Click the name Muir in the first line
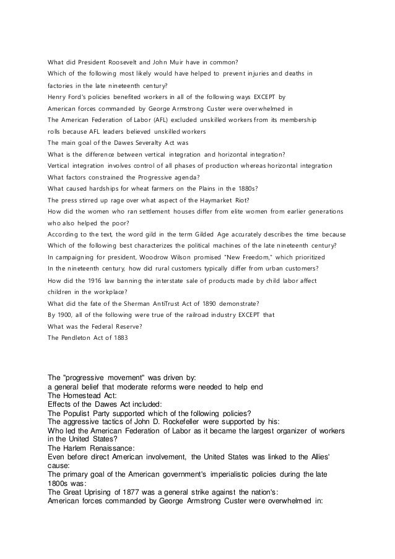point(185,62)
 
